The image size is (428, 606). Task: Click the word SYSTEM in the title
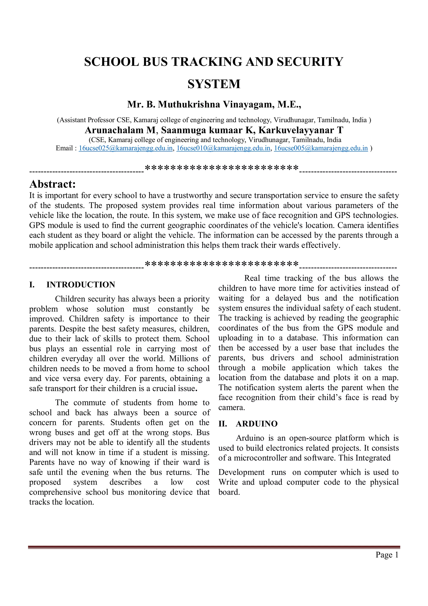[214, 84]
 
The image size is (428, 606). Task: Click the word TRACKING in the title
[206, 62]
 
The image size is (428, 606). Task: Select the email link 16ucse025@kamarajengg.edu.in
[126, 148]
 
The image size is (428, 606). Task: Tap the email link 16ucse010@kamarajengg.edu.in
[223, 148]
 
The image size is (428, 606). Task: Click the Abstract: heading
[52, 184]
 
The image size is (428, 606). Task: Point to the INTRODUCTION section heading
[81, 284]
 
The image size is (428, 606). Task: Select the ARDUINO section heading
[257, 424]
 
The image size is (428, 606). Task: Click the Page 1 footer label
[387, 555]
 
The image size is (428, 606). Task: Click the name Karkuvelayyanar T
[301, 130]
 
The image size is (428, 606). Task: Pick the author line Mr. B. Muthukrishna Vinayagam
[214, 105]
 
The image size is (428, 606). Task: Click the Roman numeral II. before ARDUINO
[223, 424]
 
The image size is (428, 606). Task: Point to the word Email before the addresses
[64, 148]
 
